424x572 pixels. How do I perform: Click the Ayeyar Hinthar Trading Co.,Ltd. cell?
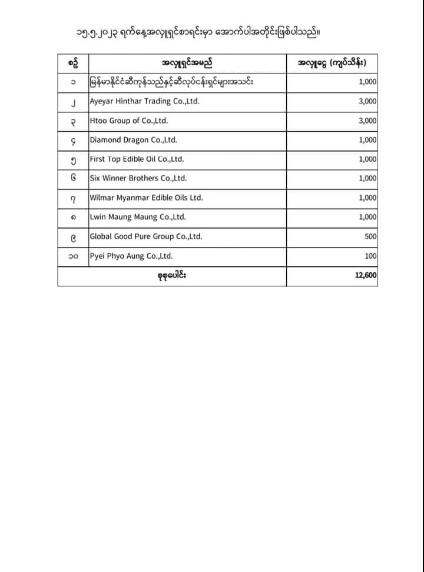click(144, 101)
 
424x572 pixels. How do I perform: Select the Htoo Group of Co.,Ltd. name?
click(129, 121)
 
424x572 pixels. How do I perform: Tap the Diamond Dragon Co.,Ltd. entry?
click(133, 140)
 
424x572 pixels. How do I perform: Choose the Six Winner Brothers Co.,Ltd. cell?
click(138, 178)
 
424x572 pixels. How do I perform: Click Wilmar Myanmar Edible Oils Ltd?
click(146, 198)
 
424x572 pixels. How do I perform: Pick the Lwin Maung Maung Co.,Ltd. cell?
click(137, 217)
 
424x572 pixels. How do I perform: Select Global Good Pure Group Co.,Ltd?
click(145, 236)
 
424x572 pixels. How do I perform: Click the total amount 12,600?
click(366, 275)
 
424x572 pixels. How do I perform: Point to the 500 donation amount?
click(370, 236)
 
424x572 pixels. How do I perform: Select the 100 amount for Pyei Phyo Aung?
click(370, 256)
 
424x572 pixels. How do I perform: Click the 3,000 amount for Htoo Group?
click(367, 121)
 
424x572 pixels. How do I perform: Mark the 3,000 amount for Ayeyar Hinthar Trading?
click(367, 101)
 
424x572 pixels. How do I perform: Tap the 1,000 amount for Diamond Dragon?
click(367, 140)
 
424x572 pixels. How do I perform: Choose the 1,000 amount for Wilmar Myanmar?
click(367, 198)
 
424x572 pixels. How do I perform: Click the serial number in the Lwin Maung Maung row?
click(73, 217)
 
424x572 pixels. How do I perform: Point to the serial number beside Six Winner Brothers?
click(73, 178)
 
